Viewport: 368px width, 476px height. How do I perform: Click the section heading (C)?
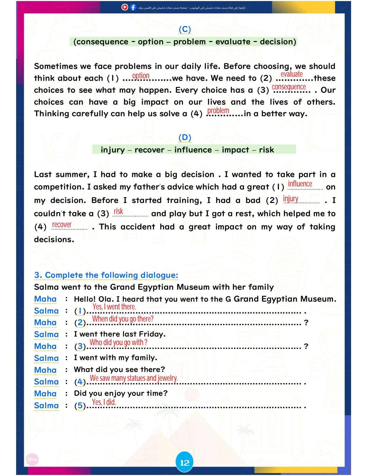pyautogui.click(x=185, y=29)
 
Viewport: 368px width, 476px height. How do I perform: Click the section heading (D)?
pyautogui.click(x=185, y=138)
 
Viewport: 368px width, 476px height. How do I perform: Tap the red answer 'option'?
pyautogui.click(x=141, y=76)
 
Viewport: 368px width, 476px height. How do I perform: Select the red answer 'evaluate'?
pyautogui.click(x=292, y=74)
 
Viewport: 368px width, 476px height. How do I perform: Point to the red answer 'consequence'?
pyautogui.click(x=289, y=87)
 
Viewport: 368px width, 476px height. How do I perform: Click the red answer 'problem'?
pyautogui.click(x=218, y=110)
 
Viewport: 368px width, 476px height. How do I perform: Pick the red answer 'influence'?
pyautogui.click(x=300, y=184)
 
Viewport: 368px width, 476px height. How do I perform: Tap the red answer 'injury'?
pyautogui.click(x=290, y=198)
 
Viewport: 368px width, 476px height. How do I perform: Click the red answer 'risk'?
pyautogui.click(x=118, y=211)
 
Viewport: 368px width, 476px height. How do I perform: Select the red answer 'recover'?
pyautogui.click(x=62, y=225)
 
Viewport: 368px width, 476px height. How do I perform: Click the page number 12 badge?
pyautogui.click(x=184, y=463)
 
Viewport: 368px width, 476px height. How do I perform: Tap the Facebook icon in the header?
pyautogui.click(x=133, y=7)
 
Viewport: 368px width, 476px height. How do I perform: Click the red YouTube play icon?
pyautogui.click(x=125, y=7)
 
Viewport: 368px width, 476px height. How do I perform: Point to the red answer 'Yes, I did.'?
pyautogui.click(x=104, y=402)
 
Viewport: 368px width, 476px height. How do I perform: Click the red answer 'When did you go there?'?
pyautogui.click(x=123, y=319)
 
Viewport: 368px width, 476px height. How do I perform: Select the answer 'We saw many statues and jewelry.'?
pyautogui.click(x=134, y=378)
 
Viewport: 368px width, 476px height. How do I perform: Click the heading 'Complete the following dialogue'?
pyautogui.click(x=106, y=275)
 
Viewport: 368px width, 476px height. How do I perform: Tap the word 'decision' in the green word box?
pyautogui.click(x=278, y=42)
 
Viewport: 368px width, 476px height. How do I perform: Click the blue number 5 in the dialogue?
pyautogui.click(x=80, y=406)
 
